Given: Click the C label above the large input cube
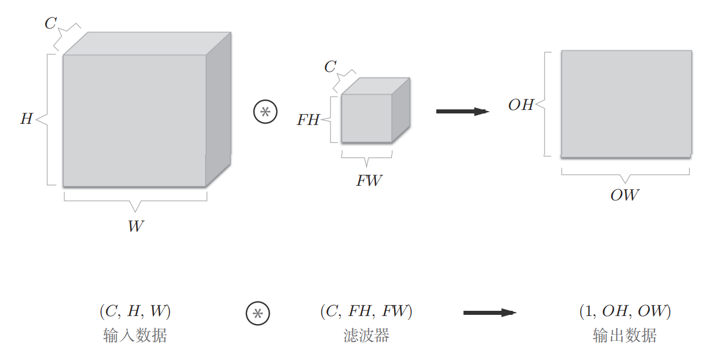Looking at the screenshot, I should tap(51, 24).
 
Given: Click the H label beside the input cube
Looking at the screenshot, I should tap(27, 119).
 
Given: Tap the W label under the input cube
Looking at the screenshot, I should tap(135, 226).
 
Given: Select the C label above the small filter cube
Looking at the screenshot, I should tap(330, 67).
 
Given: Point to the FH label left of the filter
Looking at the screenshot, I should tap(308, 120).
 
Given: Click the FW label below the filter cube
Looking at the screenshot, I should tap(369, 181).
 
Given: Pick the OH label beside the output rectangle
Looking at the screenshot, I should tap(521, 105).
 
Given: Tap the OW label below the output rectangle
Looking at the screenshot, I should tap(624, 195).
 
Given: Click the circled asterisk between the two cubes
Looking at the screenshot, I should tap(266, 112).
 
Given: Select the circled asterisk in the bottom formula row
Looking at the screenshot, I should tap(258, 313).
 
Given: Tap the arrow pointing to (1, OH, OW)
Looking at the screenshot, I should tap(490, 313).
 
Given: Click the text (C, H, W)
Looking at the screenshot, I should tap(135, 312).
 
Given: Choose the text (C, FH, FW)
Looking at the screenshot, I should tap(366, 312).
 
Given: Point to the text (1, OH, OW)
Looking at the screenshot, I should tap(625, 312).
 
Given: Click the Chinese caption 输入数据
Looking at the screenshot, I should tap(135, 336).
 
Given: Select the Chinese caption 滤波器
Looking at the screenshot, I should tap(366, 336).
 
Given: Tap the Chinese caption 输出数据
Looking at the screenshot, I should tap(625, 336).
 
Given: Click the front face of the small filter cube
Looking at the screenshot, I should tap(366, 118).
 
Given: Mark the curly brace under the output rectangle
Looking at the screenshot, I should tap(625, 174).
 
